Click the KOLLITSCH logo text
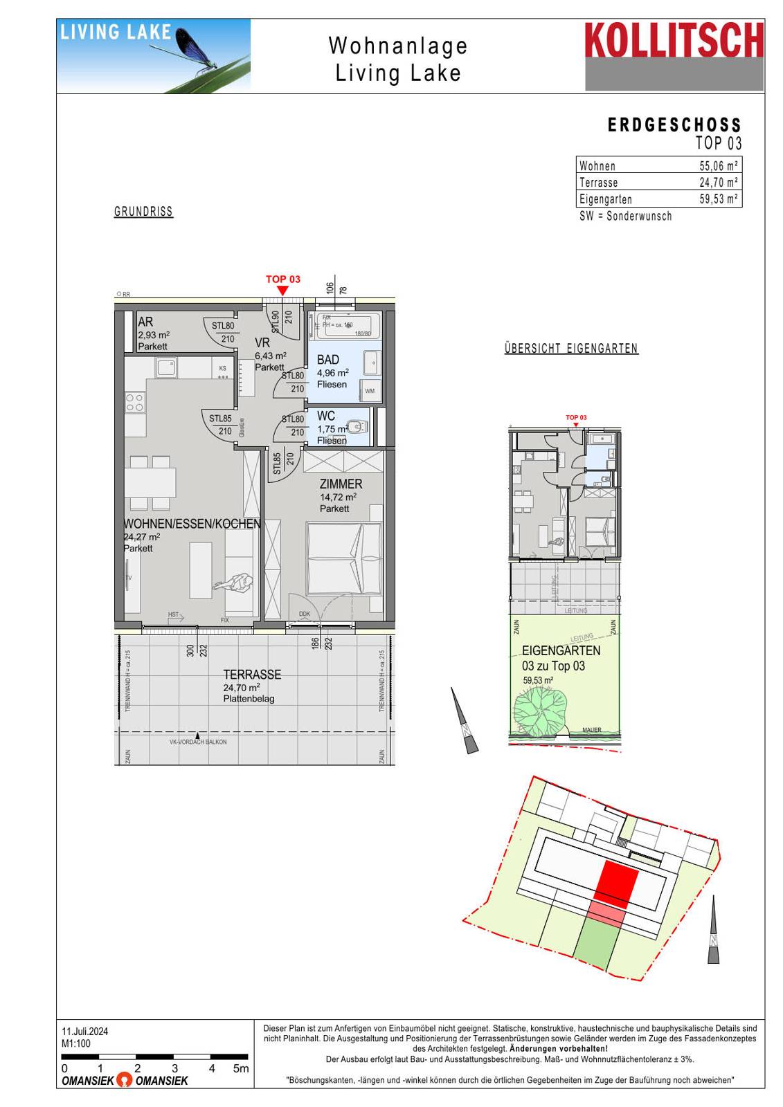pos(674,40)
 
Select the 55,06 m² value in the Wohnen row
pos(718,166)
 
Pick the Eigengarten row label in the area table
pos(605,199)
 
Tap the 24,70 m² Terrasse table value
pos(718,183)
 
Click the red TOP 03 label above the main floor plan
pos(283,280)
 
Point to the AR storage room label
pos(145,322)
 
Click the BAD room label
pos(328,360)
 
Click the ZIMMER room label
pos(341,484)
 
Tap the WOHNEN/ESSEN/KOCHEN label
pos(192,524)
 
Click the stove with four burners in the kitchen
pos(134,403)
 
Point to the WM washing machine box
pos(370,391)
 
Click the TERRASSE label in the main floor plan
pos(252,675)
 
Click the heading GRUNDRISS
pos(143,212)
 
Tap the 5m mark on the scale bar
pos(240,1068)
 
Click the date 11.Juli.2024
pos(85,1032)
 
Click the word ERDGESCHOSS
pos(674,125)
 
